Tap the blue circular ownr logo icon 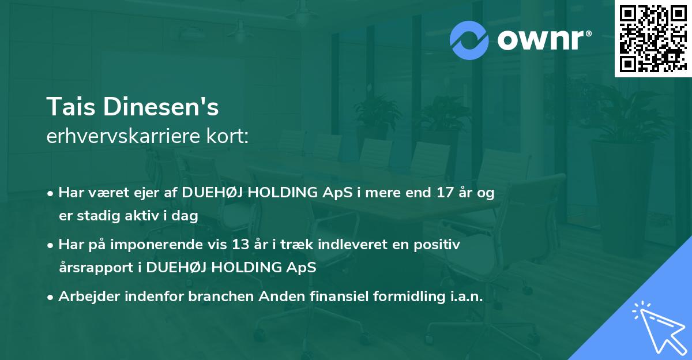tap(469, 39)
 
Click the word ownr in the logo tap(540, 40)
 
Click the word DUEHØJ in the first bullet tap(211, 193)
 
